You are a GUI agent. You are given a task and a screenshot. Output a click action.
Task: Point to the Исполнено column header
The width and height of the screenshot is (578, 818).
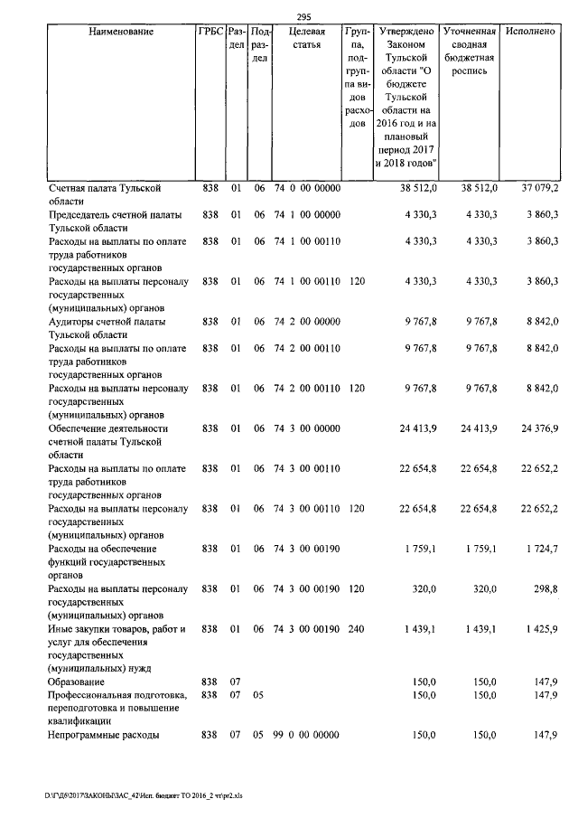pyautogui.click(x=530, y=32)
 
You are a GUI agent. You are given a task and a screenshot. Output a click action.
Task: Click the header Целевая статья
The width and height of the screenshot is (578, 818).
pyautogui.click(x=305, y=38)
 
